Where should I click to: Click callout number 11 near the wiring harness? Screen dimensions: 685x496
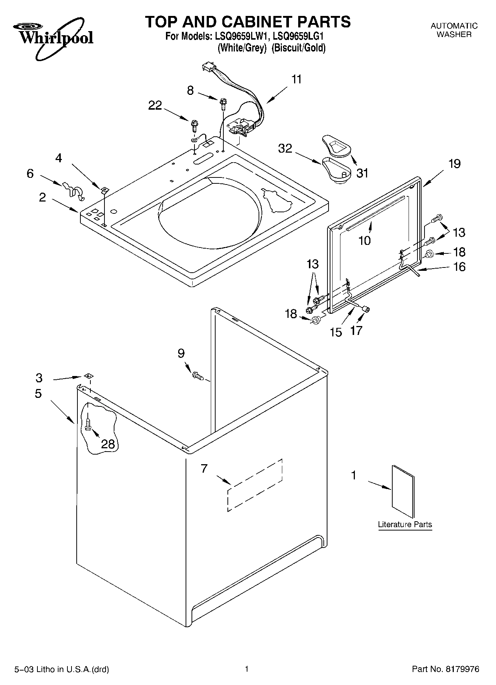(296, 80)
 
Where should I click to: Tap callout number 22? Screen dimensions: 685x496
(155, 106)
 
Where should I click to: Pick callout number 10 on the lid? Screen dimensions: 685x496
(364, 241)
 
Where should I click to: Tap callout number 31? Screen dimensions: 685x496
(362, 173)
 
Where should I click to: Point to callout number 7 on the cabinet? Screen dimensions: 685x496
(204, 469)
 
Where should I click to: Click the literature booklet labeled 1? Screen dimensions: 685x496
(403, 491)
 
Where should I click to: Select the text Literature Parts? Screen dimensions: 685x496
(405, 525)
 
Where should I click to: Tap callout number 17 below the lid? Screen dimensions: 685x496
(356, 330)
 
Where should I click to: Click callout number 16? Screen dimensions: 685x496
(459, 267)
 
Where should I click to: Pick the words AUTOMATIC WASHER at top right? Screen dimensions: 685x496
(454, 30)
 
